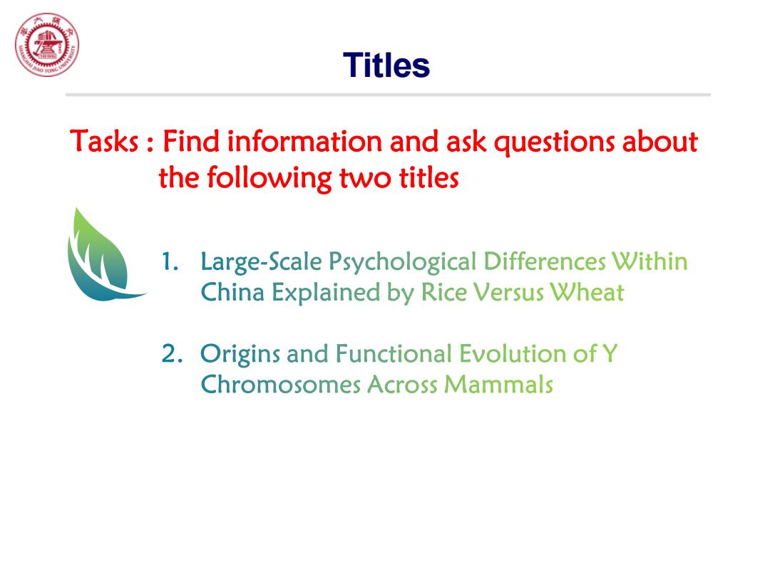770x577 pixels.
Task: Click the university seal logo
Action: click(46, 45)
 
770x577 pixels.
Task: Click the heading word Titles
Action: click(386, 66)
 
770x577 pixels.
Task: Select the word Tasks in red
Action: click(104, 141)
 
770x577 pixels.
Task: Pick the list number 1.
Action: click(170, 261)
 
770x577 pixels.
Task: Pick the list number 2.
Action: click(171, 354)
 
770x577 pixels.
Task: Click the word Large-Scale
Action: click(261, 262)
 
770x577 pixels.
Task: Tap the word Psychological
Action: click(403, 262)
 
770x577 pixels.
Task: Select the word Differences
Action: click(545, 261)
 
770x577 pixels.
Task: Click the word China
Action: click(232, 293)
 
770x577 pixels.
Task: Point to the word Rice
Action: click(443, 293)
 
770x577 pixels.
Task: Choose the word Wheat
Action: click(587, 293)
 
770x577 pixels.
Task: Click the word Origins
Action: click(240, 355)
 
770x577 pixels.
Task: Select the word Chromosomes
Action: click(280, 384)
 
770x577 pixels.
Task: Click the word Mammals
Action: click(498, 384)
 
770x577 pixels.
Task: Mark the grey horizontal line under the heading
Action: click(388, 95)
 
